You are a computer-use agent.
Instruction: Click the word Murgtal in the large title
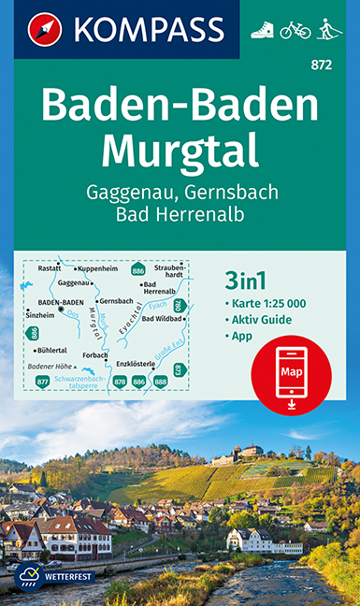pos(180,148)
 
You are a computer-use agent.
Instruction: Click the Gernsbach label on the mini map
pos(115,301)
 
